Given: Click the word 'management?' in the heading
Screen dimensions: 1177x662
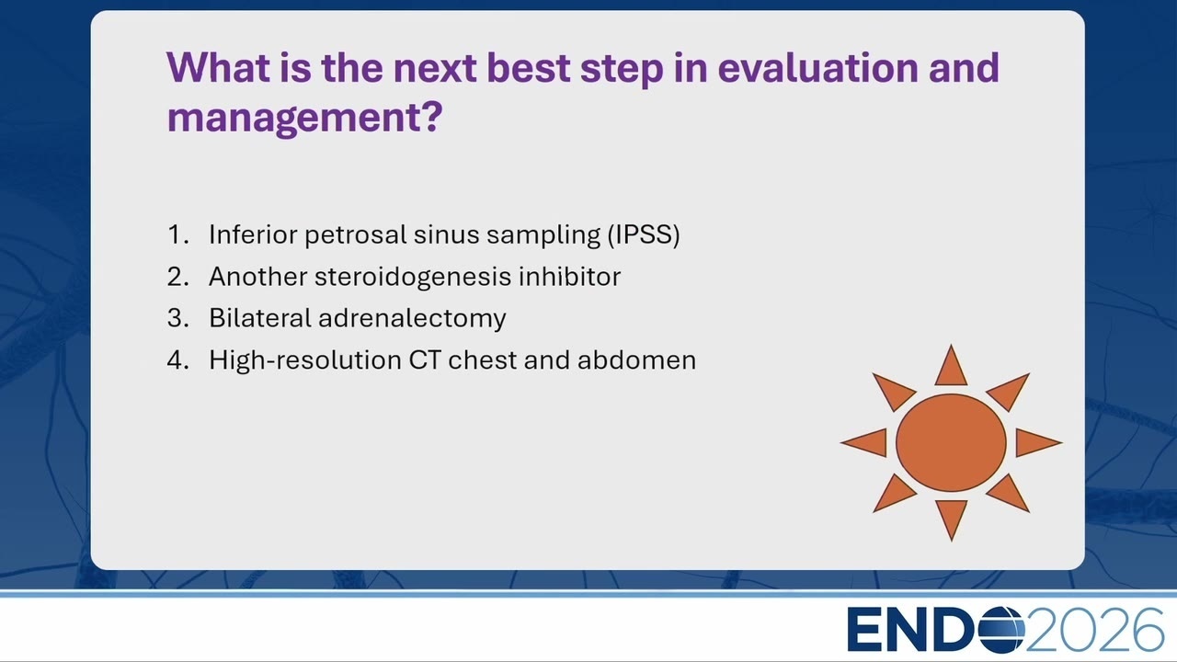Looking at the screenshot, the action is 304,117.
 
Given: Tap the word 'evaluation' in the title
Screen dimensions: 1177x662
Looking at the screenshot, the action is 817,68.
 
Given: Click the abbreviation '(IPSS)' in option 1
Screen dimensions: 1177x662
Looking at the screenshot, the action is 643,234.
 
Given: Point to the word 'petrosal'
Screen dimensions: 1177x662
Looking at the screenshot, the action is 355,234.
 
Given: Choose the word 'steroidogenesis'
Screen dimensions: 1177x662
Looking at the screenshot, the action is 413,277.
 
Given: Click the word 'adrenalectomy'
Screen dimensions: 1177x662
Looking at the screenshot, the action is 412,318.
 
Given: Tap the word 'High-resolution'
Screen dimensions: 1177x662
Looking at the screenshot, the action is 305,360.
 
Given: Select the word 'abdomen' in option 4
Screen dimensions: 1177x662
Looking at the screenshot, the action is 636,360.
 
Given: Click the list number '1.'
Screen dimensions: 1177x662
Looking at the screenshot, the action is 178,234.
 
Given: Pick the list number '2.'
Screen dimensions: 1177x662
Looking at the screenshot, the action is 178,277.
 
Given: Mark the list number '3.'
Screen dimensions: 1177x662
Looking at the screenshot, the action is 178,318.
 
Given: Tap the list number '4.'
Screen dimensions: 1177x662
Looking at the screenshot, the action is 178,360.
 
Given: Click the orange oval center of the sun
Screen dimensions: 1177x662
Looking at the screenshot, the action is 951,443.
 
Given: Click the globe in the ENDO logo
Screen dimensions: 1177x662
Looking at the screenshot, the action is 1001,630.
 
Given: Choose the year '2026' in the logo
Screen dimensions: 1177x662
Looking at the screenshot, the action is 1094,630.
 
